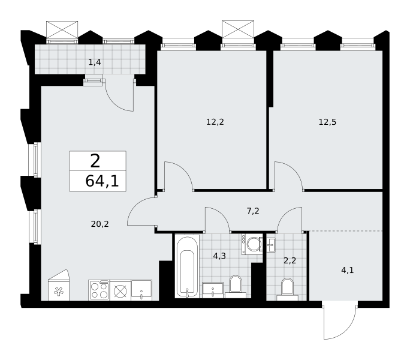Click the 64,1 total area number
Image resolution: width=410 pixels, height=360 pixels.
[102, 181]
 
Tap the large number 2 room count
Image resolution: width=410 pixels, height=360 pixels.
[95, 161]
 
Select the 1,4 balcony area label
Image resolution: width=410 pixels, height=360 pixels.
[95, 62]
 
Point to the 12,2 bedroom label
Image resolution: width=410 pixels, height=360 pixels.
[215, 122]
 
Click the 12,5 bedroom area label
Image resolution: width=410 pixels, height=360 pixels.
[327, 122]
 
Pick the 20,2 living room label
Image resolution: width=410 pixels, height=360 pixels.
[100, 224]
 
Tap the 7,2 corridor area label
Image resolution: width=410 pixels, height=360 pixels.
[253, 211]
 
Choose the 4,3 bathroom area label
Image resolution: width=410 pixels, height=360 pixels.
[219, 256]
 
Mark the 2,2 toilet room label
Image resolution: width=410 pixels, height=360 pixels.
[290, 260]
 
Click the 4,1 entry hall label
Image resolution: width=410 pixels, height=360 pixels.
[348, 270]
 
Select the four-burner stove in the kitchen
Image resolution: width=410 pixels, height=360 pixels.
[99, 290]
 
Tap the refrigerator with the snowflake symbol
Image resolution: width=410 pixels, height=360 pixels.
[59, 285]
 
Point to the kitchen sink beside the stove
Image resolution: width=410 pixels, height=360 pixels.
[141, 290]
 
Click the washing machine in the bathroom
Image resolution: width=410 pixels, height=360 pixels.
[251, 244]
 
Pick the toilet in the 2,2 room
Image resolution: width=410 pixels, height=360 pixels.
[287, 289]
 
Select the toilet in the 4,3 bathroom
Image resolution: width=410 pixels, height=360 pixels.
[236, 287]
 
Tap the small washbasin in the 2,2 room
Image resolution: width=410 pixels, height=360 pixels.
[271, 245]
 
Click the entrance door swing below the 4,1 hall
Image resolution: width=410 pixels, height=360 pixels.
[340, 322]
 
